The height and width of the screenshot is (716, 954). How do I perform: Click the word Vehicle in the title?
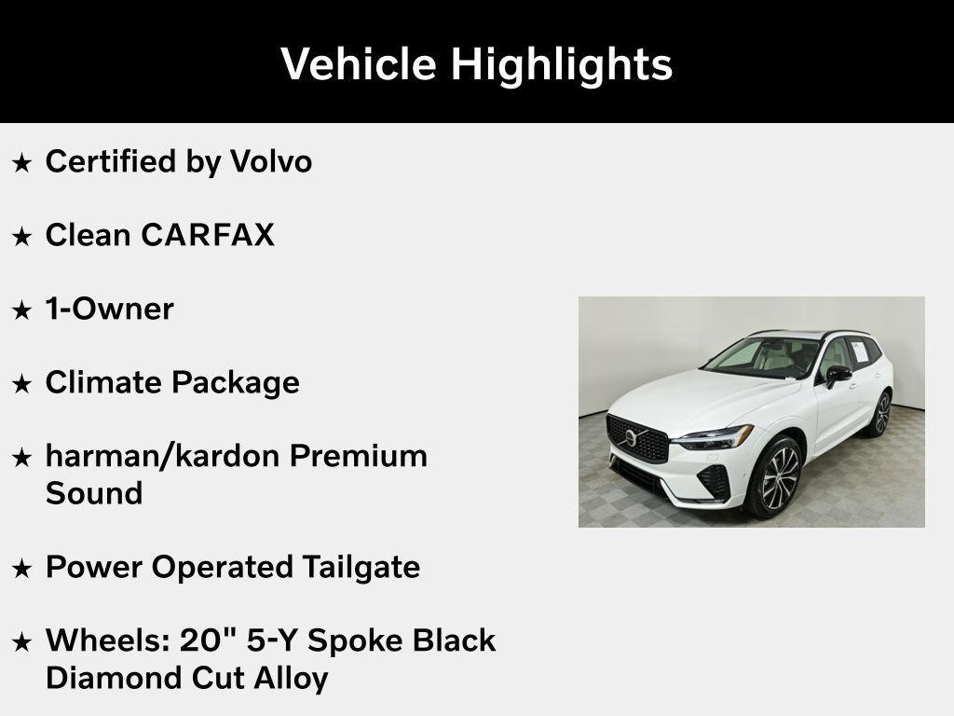358,64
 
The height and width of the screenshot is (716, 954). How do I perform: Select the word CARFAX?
208,235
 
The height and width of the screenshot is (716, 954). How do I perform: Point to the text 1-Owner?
109,309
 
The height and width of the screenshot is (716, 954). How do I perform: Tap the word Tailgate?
361,567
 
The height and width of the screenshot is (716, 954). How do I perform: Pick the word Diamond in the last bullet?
102,678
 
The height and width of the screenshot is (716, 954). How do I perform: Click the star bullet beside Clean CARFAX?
21,237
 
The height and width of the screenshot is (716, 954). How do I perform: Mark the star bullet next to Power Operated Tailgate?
21,569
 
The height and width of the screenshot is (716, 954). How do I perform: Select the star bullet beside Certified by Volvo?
21,163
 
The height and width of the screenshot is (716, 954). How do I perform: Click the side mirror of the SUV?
838,374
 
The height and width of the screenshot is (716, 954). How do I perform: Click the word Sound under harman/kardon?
94,493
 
